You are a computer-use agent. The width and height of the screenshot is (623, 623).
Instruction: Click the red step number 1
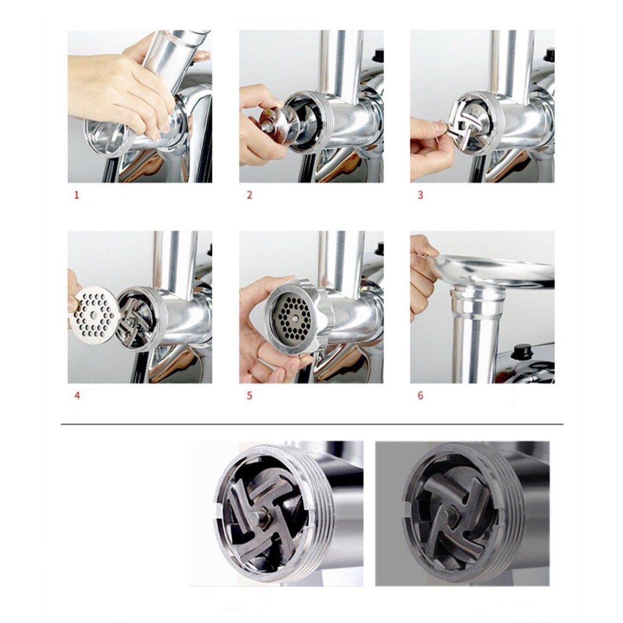click(x=77, y=195)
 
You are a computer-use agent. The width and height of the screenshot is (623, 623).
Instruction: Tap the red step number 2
click(x=249, y=195)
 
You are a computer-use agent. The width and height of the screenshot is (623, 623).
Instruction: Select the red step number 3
click(x=420, y=195)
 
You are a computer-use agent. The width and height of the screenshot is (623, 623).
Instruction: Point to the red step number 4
click(x=77, y=395)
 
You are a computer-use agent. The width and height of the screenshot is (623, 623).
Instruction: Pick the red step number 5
click(x=249, y=395)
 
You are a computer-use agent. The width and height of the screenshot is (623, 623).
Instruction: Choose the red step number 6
click(x=420, y=395)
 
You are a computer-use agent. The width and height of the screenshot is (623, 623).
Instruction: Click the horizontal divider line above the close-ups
click(x=312, y=424)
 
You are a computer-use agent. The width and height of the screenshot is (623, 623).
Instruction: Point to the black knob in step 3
click(x=550, y=53)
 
